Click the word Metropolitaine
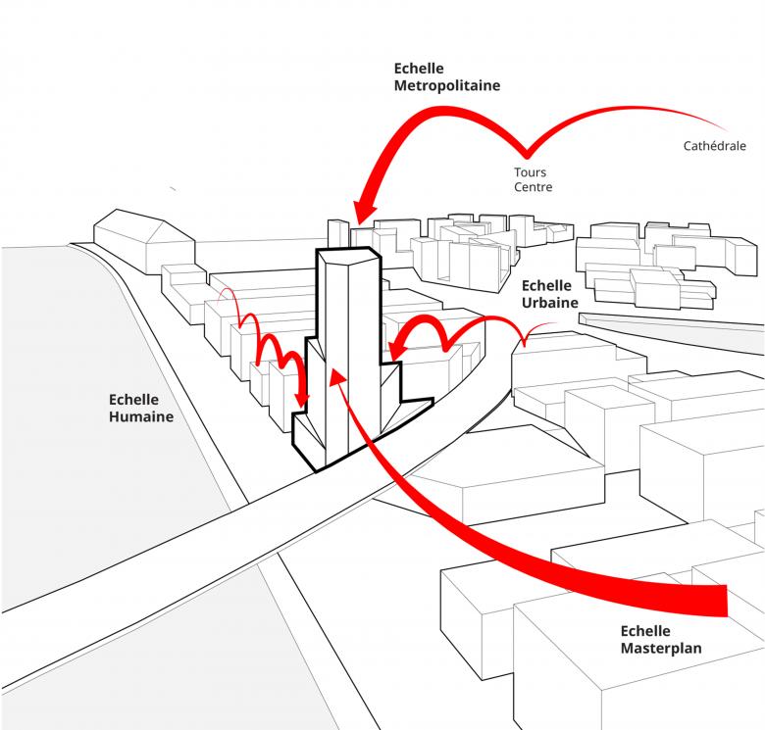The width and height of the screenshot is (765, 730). [x=446, y=85]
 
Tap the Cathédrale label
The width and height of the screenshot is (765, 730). [x=715, y=146]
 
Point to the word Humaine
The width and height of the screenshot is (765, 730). [x=141, y=416]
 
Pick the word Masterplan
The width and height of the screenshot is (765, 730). [x=661, y=648]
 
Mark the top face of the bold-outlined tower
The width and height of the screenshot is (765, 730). [x=345, y=257]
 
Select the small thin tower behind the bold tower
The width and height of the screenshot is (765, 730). [x=336, y=235]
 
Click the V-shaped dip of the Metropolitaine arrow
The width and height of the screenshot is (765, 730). [x=527, y=154]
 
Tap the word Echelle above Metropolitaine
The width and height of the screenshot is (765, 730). [x=419, y=69]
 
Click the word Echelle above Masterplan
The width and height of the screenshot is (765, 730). [x=645, y=630]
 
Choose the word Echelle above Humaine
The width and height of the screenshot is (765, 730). [x=134, y=400]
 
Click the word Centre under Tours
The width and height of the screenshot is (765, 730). [x=533, y=187]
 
